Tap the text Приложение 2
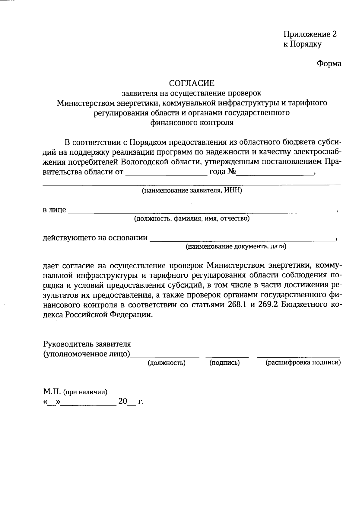pyautogui.click(x=310, y=34)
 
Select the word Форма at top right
pyautogui.click(x=329, y=64)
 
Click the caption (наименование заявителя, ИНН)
pyautogui.click(x=192, y=191)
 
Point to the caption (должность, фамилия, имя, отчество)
pyautogui.click(x=192, y=218)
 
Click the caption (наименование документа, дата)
pyautogui.click(x=236, y=247)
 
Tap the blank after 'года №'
pyautogui.click(x=275, y=174)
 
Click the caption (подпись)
pyautogui.click(x=224, y=363)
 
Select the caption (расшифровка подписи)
pyautogui.click(x=303, y=363)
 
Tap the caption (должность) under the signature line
pyautogui.click(x=166, y=363)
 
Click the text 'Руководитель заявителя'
pyautogui.click(x=87, y=344)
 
